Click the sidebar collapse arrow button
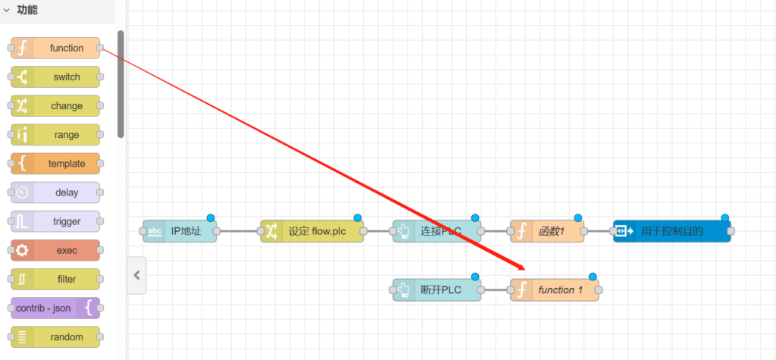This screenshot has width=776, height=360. pos(136,275)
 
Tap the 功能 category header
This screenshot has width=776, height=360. pos(27,11)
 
